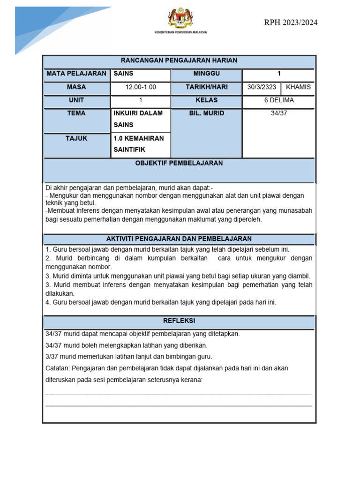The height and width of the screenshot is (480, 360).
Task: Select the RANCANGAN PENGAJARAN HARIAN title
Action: (x=179, y=60)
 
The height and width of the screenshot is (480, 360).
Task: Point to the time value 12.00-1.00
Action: (x=141, y=87)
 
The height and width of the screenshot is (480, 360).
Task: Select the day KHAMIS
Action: (x=298, y=87)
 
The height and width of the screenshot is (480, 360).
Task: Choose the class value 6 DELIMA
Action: (x=279, y=100)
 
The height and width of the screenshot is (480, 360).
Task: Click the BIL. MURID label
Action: (x=206, y=113)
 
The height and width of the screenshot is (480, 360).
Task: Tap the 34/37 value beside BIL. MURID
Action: (x=279, y=113)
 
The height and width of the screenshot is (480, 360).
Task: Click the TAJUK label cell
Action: (x=76, y=139)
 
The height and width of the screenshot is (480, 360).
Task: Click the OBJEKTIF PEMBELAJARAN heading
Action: (x=179, y=164)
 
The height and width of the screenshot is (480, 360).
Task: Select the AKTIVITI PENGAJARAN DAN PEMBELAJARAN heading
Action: (x=179, y=239)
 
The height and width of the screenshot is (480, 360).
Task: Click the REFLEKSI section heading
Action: (x=179, y=321)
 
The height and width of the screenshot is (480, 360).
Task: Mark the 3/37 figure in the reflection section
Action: (x=51, y=357)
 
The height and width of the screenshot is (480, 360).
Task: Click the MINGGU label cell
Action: (x=206, y=74)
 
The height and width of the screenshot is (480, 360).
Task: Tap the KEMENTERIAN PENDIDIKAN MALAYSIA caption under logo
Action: (x=180, y=32)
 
